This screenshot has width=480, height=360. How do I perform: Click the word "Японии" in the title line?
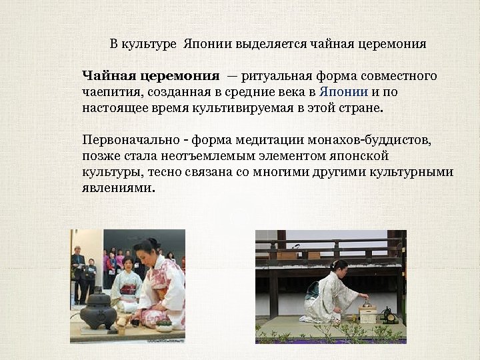pos(202,45)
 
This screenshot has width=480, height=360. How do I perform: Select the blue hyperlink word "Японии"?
pos(343,91)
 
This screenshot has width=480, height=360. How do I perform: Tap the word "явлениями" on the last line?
pos(117,188)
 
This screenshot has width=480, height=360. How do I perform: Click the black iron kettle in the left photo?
pos(98,309)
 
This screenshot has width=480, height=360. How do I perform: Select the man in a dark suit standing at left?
pos(79,273)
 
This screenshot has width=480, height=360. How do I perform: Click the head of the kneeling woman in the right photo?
pos(338,267)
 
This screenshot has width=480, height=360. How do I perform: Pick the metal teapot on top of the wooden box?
pos(367,301)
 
